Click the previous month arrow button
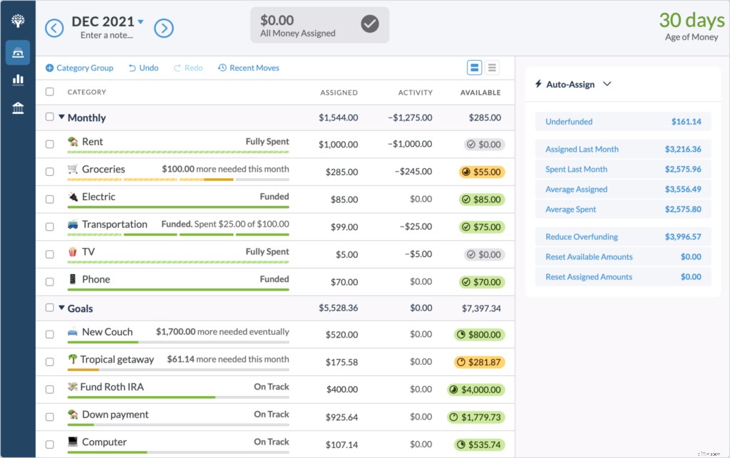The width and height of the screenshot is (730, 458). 54,28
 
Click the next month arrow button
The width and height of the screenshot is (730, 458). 164,28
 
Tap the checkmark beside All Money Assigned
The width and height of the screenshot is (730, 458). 369,25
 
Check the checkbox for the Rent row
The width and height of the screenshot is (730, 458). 49,144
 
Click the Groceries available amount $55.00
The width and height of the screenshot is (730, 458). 481,172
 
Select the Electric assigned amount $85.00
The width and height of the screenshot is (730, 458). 344,199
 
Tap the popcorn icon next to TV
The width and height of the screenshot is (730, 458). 73,252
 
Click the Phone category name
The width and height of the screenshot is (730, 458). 96,279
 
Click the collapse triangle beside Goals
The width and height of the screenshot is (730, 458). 61,308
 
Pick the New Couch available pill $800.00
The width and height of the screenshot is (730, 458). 479,334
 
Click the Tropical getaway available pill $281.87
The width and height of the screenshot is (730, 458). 479,362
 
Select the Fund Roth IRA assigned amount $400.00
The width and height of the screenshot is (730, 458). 341,390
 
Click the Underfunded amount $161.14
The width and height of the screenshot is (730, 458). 686,122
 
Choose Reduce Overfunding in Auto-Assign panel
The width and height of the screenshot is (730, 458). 582,237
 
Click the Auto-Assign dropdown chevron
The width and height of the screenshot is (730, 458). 607,84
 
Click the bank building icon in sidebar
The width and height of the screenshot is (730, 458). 18,108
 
